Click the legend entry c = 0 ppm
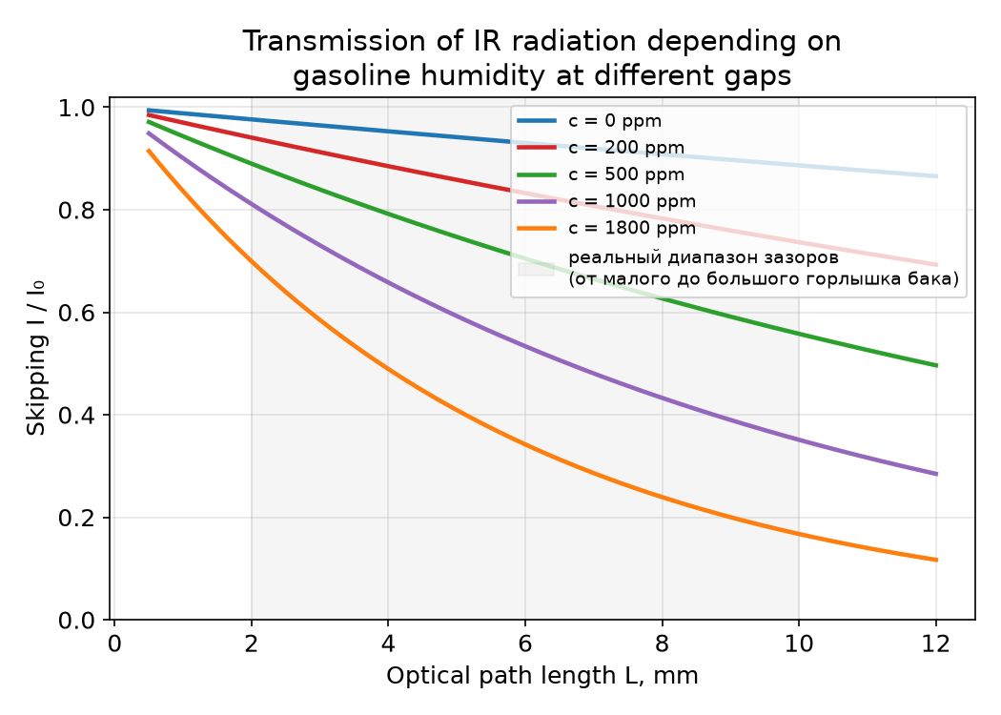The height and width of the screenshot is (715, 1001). pyautogui.click(x=615, y=121)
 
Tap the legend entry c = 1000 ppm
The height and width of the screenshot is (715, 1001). pyautogui.click(x=632, y=201)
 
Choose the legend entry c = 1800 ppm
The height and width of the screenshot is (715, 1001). pyautogui.click(x=632, y=228)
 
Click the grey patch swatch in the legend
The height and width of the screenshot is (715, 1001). pyautogui.click(x=536, y=269)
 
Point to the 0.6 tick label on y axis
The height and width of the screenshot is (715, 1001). pyautogui.click(x=76, y=313)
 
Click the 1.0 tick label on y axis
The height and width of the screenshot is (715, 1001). pyautogui.click(x=76, y=108)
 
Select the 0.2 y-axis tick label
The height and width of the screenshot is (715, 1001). pyautogui.click(x=76, y=518)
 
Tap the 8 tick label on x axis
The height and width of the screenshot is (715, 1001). pyautogui.click(x=662, y=643)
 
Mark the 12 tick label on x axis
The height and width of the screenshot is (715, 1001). pyautogui.click(x=936, y=643)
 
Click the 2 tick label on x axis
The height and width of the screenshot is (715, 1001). pyautogui.click(x=251, y=643)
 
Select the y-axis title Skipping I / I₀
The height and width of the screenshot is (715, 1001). pyautogui.click(x=36, y=357)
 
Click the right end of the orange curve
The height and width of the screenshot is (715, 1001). pyautogui.click(x=936, y=560)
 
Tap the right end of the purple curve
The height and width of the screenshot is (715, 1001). pyautogui.click(x=936, y=474)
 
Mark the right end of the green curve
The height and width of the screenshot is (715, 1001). pyautogui.click(x=936, y=365)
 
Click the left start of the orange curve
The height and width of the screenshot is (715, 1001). pyautogui.click(x=148, y=151)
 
